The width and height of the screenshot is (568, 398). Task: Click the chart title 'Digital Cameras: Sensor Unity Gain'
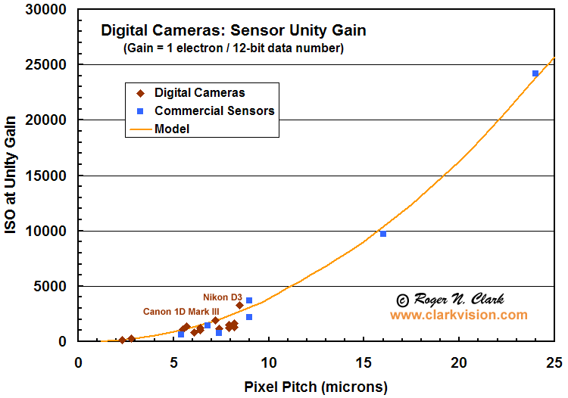(234, 31)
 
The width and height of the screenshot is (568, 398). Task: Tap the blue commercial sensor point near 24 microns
(535, 73)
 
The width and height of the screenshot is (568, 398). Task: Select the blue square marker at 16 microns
(383, 234)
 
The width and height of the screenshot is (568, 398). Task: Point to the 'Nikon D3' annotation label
(223, 297)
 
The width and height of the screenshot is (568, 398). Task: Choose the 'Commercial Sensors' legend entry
(214, 110)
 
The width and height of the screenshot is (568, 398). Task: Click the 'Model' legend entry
(172, 129)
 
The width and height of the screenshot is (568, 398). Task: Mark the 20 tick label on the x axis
(459, 362)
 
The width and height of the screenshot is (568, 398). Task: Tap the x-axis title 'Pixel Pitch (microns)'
(316, 387)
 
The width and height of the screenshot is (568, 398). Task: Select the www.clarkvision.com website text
(459, 315)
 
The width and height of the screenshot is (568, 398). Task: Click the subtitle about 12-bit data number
(234, 48)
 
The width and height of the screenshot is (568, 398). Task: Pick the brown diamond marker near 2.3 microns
(122, 340)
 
